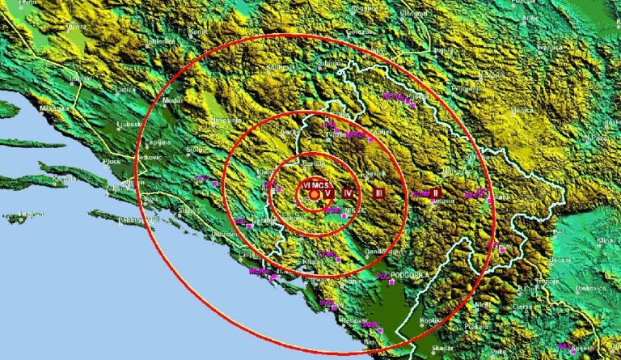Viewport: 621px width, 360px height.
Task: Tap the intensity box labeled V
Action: [x=329, y=193]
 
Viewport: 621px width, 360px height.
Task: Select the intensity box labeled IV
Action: [x=348, y=193]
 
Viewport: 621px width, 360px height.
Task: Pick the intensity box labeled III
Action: [x=378, y=193]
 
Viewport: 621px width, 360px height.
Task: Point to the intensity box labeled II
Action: [x=435, y=193]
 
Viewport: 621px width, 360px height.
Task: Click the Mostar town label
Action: [x=172, y=101]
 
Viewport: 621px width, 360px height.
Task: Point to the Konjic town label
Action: [x=198, y=32]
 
